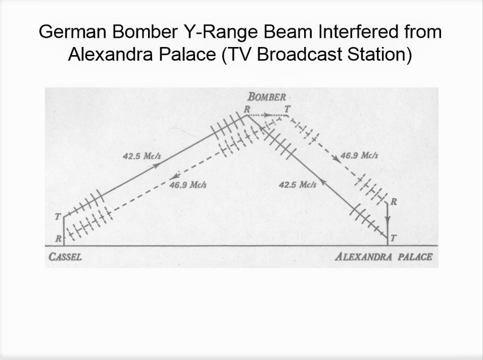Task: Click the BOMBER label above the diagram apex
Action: [267, 97]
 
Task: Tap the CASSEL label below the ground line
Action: [65, 257]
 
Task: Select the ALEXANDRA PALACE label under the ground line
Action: [383, 257]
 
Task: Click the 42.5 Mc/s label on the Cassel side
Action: [141, 156]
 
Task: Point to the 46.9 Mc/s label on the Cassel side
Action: [188, 185]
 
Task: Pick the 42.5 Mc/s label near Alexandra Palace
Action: [298, 185]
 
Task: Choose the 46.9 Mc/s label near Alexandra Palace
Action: [359, 155]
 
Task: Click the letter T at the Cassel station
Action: [58, 217]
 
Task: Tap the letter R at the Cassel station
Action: [59, 239]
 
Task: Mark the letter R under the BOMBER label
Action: [247, 109]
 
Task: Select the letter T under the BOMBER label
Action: [287, 109]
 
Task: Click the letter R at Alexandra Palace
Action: [394, 202]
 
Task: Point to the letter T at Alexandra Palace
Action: [393, 238]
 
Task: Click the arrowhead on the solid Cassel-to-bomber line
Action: [157, 165]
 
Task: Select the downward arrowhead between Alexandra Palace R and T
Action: [388, 219]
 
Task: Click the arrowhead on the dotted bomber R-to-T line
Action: [265, 115]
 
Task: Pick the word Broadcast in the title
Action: [299, 55]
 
